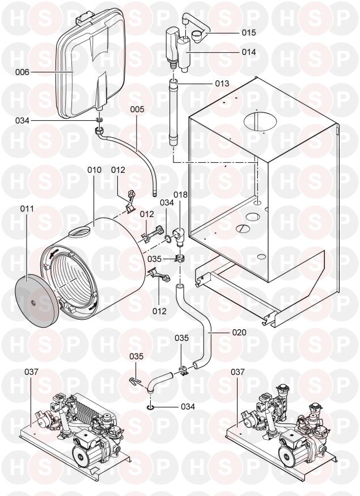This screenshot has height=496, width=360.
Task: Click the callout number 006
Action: (x=22, y=73)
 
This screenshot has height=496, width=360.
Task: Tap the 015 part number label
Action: (x=249, y=32)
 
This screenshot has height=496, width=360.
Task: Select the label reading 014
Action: (x=249, y=52)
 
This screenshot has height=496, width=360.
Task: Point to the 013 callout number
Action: (x=222, y=83)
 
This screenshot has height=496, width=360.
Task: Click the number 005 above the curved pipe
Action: (x=137, y=109)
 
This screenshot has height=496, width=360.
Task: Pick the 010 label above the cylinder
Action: (x=95, y=170)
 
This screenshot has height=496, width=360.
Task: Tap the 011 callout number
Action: (x=27, y=209)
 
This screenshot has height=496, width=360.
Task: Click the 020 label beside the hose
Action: (x=239, y=332)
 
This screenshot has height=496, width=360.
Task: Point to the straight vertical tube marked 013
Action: (x=173, y=112)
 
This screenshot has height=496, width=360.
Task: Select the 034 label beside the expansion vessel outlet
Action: (x=22, y=121)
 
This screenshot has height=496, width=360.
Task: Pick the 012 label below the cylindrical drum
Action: (x=159, y=311)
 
